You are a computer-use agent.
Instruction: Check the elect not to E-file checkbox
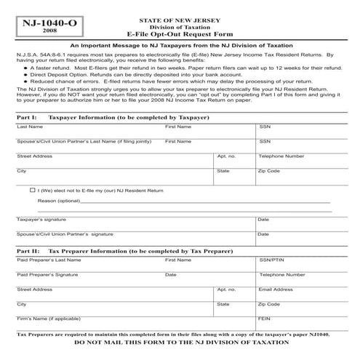click(x=33, y=190)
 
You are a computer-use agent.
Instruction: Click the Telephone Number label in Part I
click(x=281, y=156)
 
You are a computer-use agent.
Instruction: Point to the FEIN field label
click(x=263, y=319)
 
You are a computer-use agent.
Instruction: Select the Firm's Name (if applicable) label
click(x=48, y=319)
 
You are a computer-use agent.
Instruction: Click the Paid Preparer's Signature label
click(x=47, y=275)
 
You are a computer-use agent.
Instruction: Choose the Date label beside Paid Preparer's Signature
click(x=170, y=275)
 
